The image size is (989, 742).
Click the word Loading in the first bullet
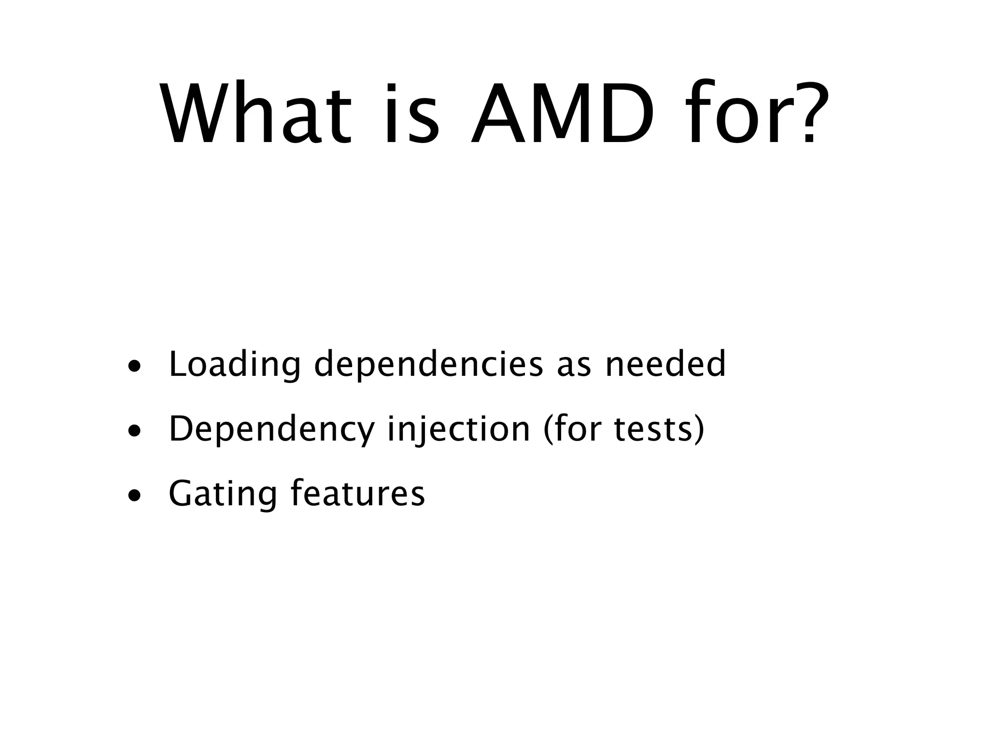[x=235, y=365]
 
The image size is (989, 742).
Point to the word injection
[x=459, y=430]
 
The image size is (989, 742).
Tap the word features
[x=357, y=493]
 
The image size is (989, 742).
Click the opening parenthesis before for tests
[x=549, y=430]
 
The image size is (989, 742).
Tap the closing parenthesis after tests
[x=699, y=430]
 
